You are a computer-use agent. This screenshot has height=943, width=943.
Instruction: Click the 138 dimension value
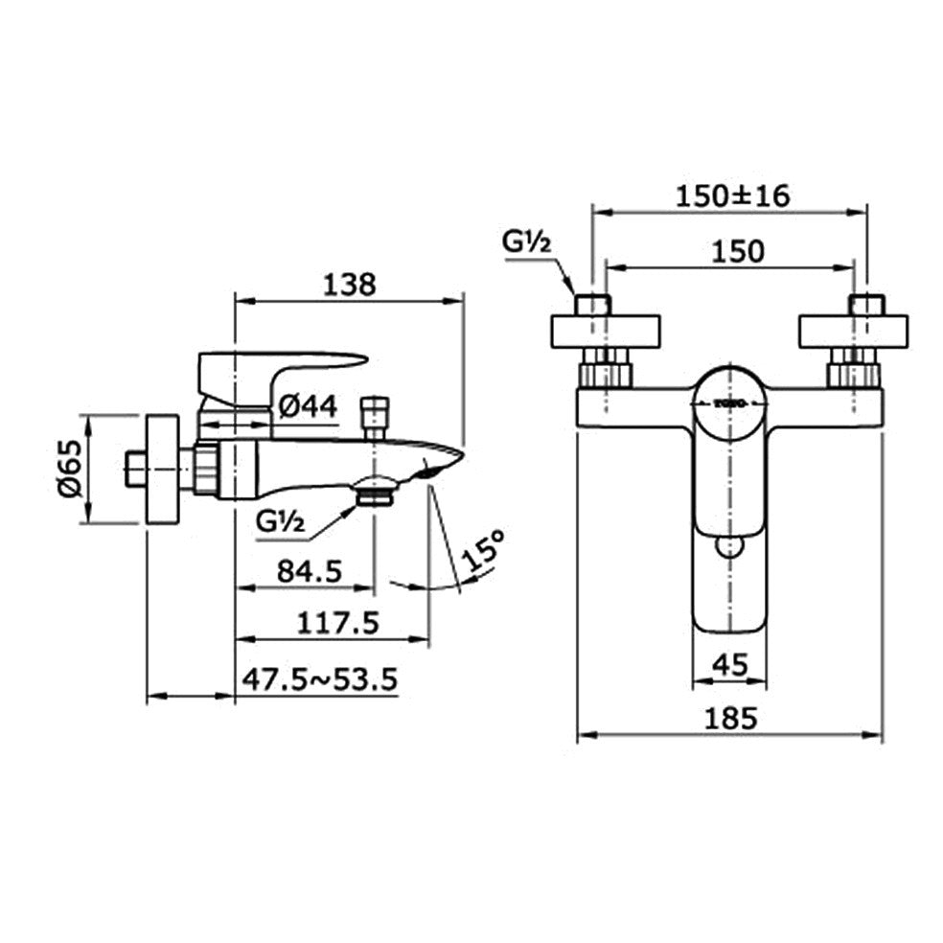tap(350, 284)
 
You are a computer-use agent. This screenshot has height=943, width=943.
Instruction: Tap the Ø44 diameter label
tap(308, 407)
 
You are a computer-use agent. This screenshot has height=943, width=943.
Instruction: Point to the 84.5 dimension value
tap(308, 571)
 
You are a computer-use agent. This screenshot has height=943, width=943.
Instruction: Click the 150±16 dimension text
tap(732, 196)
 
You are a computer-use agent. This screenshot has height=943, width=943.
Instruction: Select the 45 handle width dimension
tap(730, 663)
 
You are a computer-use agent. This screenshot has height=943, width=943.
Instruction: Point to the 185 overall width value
tap(730, 717)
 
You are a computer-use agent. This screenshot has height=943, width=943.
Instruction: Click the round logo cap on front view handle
tap(729, 404)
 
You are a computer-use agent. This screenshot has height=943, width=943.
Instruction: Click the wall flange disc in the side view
tap(161, 468)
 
